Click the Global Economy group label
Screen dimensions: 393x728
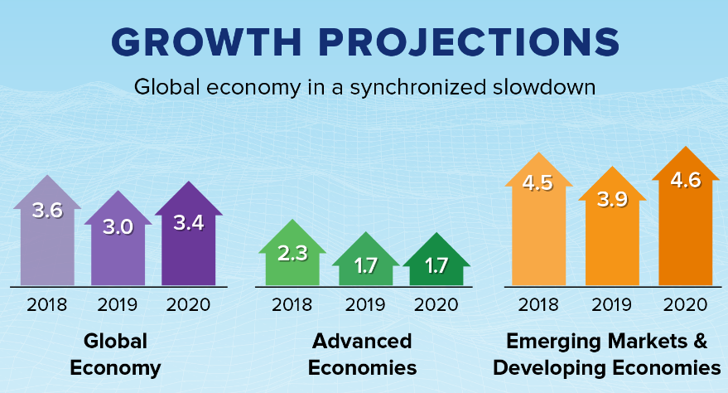click(x=115, y=353)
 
